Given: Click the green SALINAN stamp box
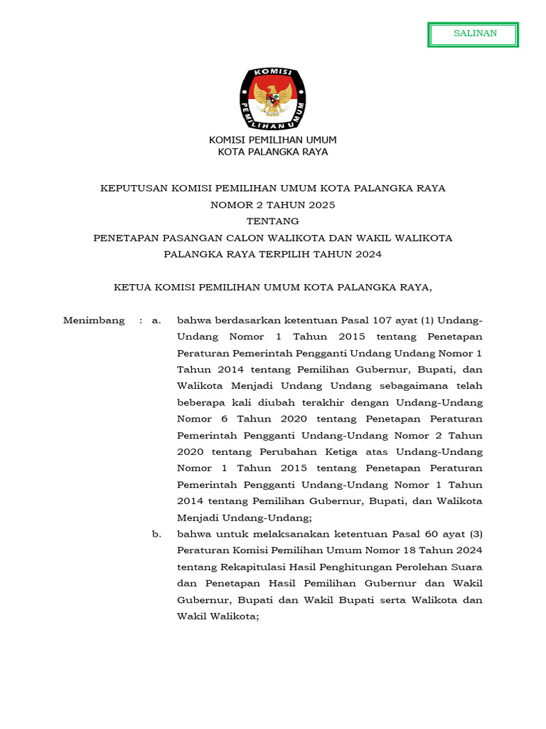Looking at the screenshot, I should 473,34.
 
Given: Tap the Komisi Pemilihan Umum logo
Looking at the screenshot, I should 272,99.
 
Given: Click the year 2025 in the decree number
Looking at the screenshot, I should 321,204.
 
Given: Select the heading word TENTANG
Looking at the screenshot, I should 272,221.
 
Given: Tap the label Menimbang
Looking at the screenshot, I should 94,320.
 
